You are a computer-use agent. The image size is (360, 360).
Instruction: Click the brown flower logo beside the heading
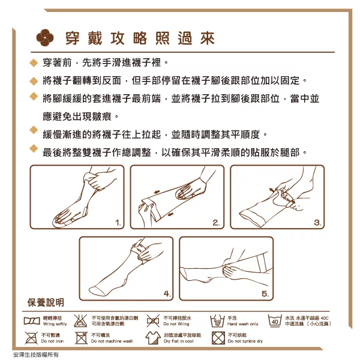click(x=45, y=38)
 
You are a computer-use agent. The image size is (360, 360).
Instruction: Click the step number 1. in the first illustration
click(x=118, y=223)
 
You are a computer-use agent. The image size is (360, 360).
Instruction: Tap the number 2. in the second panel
click(x=216, y=223)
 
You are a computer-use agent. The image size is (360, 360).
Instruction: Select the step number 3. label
click(x=317, y=223)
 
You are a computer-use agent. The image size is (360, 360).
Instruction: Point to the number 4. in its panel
click(x=167, y=293)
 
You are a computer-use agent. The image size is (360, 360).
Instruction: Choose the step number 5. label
click(x=265, y=293)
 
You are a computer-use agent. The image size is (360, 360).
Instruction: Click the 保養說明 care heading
click(x=46, y=302)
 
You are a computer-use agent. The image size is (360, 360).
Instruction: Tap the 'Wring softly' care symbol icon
click(x=32, y=321)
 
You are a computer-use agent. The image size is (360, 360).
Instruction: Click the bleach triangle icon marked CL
click(x=80, y=321)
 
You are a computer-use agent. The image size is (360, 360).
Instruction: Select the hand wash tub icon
click(x=217, y=321)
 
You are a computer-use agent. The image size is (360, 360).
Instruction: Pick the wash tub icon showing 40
click(x=275, y=321)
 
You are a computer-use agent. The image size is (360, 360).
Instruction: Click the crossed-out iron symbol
click(x=31, y=338)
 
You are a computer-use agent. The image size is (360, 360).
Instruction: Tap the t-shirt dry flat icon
click(x=153, y=338)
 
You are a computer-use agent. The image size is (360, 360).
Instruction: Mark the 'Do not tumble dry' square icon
click(x=218, y=338)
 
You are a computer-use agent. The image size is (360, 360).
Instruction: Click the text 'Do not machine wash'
click(x=112, y=341)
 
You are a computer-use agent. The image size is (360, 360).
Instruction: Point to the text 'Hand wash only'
click(x=242, y=324)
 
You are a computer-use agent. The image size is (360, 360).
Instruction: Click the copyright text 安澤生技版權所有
click(x=36, y=355)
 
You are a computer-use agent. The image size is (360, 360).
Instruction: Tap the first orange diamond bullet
click(x=34, y=62)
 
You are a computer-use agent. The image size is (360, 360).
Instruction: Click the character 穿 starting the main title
click(x=73, y=38)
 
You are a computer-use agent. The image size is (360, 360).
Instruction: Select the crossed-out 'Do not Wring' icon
click(x=153, y=321)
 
